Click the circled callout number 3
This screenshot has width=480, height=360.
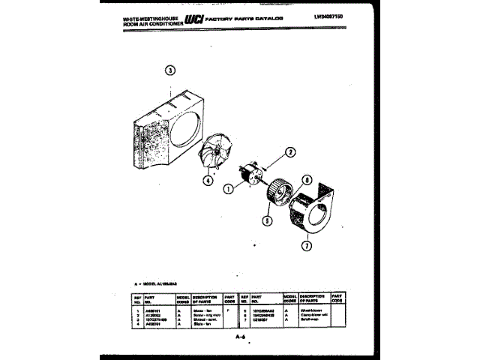(x=171, y=72)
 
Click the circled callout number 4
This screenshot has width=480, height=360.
(x=207, y=179)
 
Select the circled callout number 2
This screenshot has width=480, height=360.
(x=289, y=153)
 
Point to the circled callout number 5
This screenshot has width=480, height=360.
(x=265, y=221)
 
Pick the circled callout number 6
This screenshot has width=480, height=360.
(x=307, y=180)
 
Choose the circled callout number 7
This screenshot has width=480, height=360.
(x=305, y=245)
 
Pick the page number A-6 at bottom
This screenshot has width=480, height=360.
(x=240, y=338)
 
